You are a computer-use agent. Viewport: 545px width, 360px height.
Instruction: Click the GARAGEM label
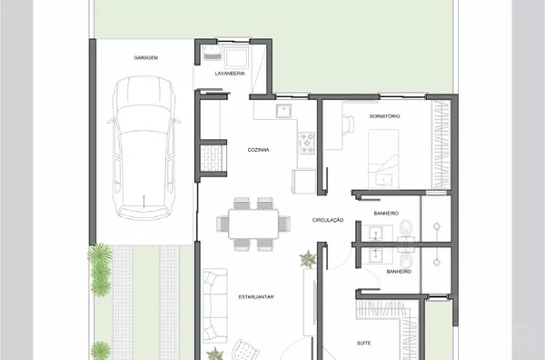[x=146, y=58]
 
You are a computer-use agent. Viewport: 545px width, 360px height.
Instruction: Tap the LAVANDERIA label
[x=230, y=74]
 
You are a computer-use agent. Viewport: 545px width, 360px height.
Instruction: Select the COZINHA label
[x=258, y=150]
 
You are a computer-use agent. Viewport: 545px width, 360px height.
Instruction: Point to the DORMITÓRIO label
[x=384, y=116]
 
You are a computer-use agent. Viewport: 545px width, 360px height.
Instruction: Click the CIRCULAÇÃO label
[x=328, y=220]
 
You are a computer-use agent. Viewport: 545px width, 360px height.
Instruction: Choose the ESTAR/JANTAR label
[x=256, y=297]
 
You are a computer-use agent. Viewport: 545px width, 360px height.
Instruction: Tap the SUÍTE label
[x=364, y=344]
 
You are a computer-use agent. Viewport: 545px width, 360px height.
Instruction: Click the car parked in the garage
[x=144, y=148]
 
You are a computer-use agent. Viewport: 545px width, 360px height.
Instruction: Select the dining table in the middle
[x=253, y=224]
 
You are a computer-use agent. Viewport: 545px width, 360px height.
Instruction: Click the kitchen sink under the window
[x=284, y=111]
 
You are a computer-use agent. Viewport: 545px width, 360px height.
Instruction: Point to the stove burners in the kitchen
[x=308, y=143]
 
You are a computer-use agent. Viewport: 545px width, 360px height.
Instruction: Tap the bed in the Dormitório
[x=383, y=158]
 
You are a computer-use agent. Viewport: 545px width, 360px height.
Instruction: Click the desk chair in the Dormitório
[x=348, y=125]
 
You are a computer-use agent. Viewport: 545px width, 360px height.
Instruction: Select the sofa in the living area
[x=215, y=305]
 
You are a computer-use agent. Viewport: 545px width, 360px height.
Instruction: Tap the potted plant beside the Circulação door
[x=308, y=259]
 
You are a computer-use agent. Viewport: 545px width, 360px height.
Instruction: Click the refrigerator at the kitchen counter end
[x=303, y=181]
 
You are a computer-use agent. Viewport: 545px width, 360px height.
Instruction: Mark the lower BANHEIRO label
[x=399, y=272]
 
